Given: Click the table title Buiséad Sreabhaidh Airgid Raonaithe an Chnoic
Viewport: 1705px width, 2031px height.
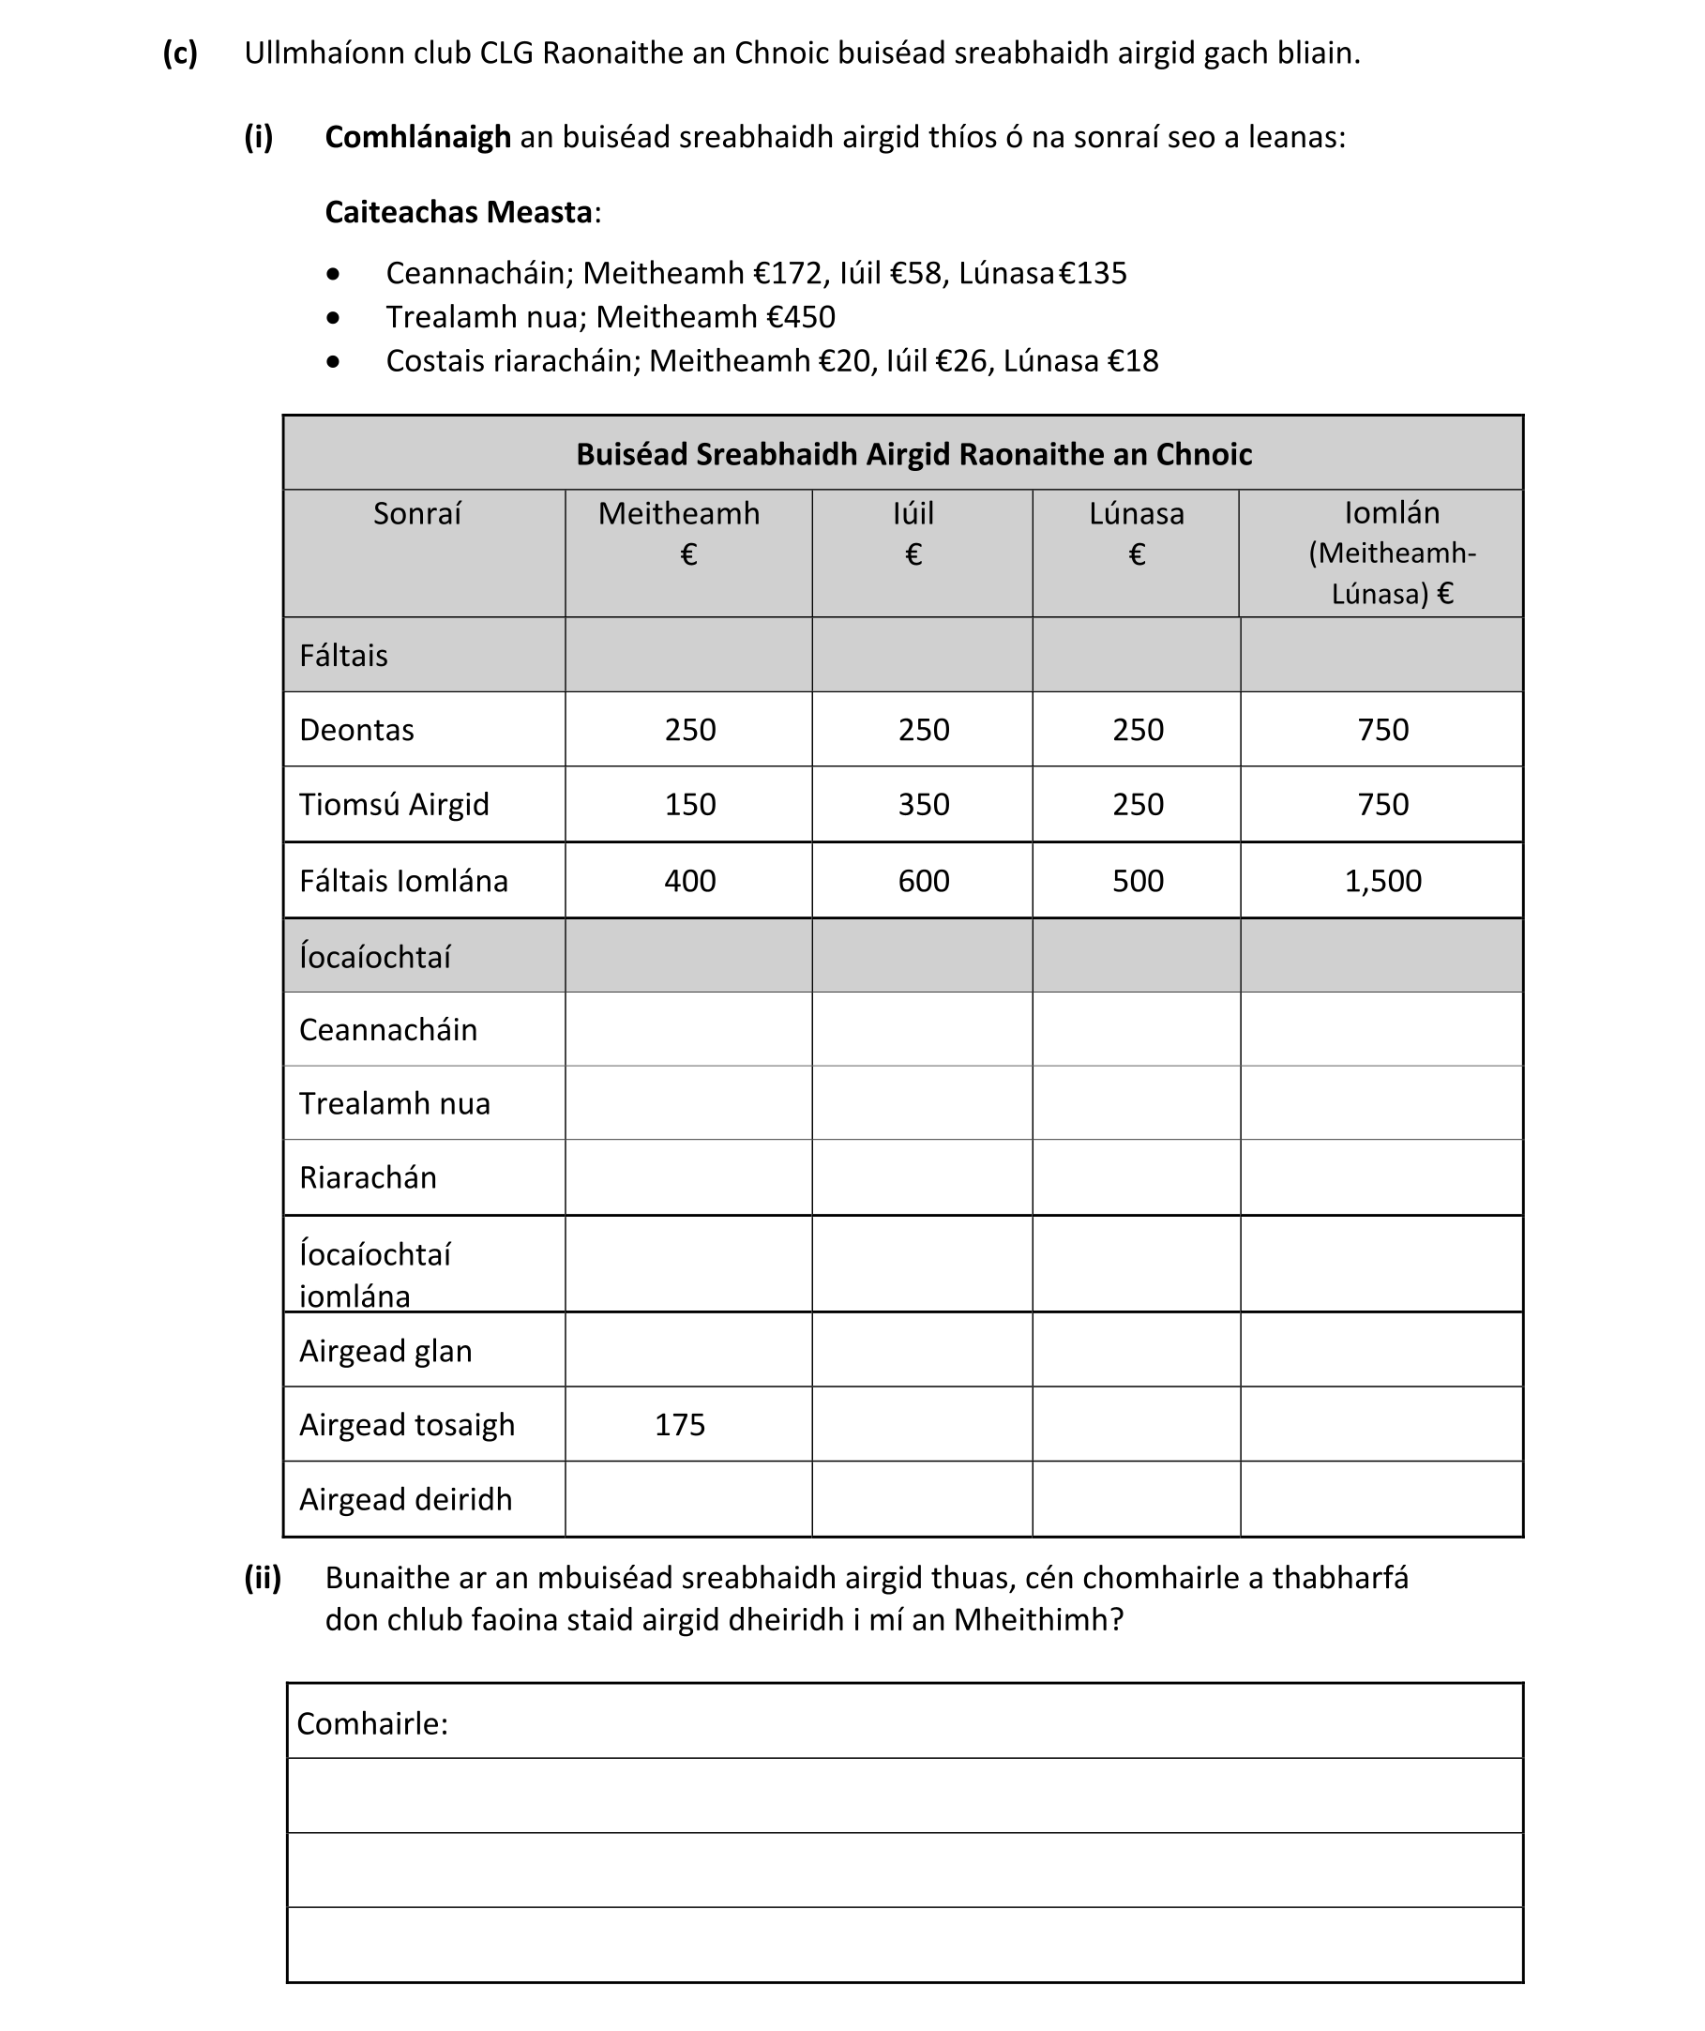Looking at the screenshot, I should [x=913, y=454].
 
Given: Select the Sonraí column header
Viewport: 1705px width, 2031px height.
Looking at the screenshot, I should [x=416, y=513].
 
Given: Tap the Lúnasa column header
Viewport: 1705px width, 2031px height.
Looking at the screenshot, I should [x=1136, y=513].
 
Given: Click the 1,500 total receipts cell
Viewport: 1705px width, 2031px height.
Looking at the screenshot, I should [x=1382, y=881].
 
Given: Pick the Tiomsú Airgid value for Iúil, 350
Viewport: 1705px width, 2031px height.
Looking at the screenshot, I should [x=923, y=805].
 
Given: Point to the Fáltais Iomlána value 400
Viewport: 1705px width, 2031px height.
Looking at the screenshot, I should [x=689, y=881].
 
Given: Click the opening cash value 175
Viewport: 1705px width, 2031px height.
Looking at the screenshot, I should [x=679, y=1425].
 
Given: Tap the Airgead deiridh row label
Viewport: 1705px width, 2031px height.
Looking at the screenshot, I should [x=405, y=1499].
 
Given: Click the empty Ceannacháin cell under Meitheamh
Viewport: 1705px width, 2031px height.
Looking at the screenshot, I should [x=687, y=1029].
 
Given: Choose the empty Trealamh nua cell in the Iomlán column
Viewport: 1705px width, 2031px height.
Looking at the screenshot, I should [x=1381, y=1103].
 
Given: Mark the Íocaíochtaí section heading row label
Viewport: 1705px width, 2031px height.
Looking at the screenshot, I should [x=374, y=958].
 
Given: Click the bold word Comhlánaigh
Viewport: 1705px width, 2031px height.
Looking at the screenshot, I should [x=416, y=137].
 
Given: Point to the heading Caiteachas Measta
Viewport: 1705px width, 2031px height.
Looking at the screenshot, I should [x=459, y=212].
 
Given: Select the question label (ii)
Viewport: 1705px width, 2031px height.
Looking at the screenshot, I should [x=262, y=1579].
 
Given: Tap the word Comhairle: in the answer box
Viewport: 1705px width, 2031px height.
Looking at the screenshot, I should [x=372, y=1723].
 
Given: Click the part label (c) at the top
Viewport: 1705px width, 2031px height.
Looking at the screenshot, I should [x=180, y=53].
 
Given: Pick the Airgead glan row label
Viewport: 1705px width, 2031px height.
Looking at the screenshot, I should [x=385, y=1351].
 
